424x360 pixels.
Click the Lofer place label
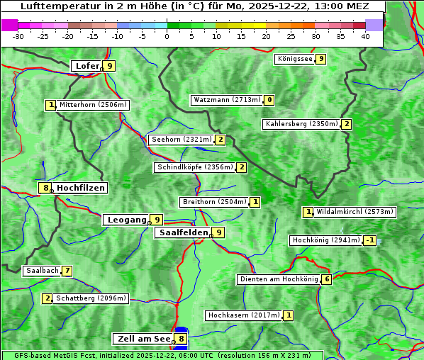click(x=87, y=66)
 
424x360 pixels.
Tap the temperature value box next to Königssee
click(x=320, y=59)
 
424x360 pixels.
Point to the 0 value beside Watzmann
click(x=269, y=100)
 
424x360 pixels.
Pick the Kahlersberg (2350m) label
click(x=301, y=124)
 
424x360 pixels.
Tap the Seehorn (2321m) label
click(x=182, y=140)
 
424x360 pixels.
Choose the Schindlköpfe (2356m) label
click(x=194, y=167)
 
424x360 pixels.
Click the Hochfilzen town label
click(x=81, y=188)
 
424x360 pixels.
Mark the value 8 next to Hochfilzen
click(x=45, y=188)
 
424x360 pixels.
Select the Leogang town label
click(x=126, y=220)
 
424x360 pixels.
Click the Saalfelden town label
click(x=184, y=232)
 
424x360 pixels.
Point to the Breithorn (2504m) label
click(x=214, y=202)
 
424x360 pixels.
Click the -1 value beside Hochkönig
click(x=369, y=240)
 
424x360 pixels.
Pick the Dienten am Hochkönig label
click(x=279, y=279)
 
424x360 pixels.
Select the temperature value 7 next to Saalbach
click(x=67, y=271)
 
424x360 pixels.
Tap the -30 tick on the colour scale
click(x=18, y=35)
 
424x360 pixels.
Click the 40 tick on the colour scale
click(x=365, y=35)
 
